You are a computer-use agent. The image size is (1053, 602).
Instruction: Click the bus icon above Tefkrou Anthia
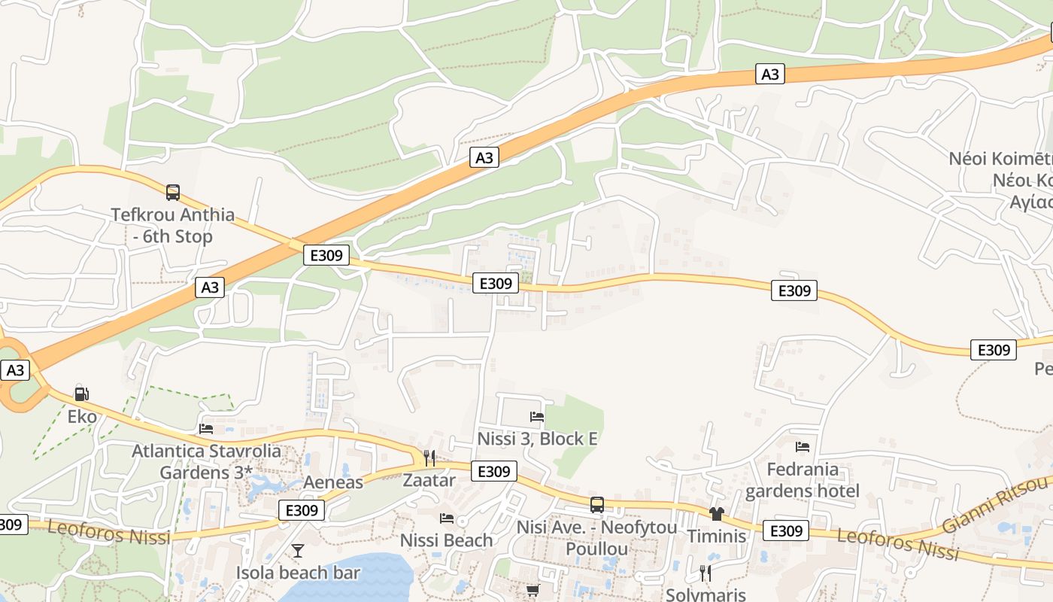(x=173, y=193)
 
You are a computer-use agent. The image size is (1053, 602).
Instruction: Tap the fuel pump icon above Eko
(x=81, y=394)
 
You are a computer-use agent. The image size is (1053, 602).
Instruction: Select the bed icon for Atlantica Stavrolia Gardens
(x=206, y=429)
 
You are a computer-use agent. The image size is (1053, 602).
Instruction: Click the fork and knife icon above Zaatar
(x=429, y=458)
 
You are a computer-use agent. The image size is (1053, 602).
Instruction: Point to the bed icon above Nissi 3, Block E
(x=537, y=416)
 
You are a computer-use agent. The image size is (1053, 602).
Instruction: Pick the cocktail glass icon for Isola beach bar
(x=298, y=551)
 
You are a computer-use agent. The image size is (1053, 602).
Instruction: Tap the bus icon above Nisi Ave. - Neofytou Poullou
(x=597, y=505)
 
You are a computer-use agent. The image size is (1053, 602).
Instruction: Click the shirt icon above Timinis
(x=716, y=514)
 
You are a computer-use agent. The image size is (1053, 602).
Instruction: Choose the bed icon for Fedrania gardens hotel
(x=803, y=447)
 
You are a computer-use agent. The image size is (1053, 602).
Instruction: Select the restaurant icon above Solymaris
(x=706, y=573)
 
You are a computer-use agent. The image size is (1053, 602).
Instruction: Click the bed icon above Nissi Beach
(x=447, y=518)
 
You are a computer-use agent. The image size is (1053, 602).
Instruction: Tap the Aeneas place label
(x=333, y=482)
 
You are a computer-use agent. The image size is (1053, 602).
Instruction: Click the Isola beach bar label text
(x=299, y=573)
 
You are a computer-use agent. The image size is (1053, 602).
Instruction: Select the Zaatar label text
(x=429, y=480)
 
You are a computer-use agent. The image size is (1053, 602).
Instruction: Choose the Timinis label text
(x=716, y=537)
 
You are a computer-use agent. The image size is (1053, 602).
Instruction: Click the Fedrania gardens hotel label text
(x=803, y=480)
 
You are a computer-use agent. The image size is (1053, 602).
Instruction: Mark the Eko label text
(x=82, y=417)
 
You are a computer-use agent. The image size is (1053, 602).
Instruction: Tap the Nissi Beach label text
(x=447, y=540)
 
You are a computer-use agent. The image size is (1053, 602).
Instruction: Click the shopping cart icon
(x=533, y=591)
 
